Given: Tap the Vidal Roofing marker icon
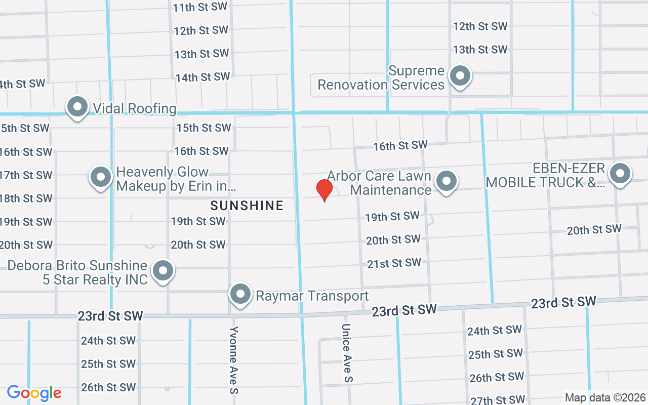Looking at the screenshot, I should click(77, 107).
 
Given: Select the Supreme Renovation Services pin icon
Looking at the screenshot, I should click(460, 76).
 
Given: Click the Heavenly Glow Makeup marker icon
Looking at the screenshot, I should click(100, 178).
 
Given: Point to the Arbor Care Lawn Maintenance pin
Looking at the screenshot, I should click(447, 181).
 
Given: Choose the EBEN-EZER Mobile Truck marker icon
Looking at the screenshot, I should click(620, 174).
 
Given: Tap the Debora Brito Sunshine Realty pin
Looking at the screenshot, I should click(163, 271).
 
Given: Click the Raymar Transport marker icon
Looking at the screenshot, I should click(240, 294).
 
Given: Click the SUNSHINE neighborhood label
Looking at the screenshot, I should click(247, 206).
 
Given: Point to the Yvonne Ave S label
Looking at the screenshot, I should click(233, 359).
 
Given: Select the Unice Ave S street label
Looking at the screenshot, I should click(347, 353).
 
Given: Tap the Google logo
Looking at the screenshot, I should click(34, 393).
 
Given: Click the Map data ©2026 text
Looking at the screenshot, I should click(605, 397).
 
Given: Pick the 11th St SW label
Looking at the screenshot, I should click(200, 8).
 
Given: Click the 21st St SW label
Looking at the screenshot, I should click(394, 263).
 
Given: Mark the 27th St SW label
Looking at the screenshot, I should click(498, 400).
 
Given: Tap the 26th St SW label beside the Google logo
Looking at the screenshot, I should click(108, 387).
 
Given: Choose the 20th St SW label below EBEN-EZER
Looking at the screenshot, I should click(594, 230).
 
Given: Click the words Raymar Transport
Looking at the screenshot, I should click(312, 296).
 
